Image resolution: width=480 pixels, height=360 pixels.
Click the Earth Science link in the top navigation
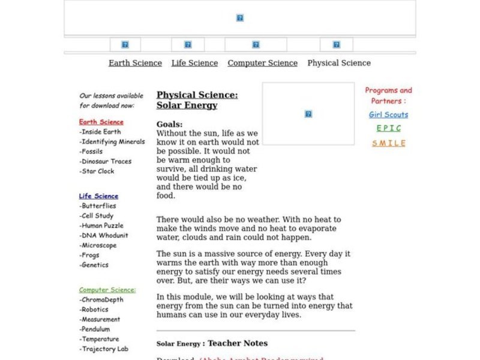(x=135, y=63)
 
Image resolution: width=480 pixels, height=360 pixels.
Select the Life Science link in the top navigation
(x=194, y=63)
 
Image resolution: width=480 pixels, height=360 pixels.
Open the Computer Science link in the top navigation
(x=262, y=63)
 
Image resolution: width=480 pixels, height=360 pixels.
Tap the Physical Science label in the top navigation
(x=339, y=63)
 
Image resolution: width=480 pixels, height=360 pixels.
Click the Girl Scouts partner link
(x=388, y=115)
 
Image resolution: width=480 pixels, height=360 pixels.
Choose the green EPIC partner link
(x=388, y=128)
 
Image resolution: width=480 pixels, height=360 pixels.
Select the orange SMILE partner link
(x=388, y=143)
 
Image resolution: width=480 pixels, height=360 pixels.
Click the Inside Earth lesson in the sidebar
(x=100, y=132)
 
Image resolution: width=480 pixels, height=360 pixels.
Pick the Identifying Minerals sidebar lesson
(x=112, y=142)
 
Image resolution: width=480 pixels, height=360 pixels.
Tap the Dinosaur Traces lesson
(x=106, y=161)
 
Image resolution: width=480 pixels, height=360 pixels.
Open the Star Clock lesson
(x=97, y=171)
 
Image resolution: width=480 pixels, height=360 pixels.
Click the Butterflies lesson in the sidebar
(x=99, y=206)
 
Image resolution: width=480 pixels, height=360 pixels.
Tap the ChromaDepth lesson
(x=103, y=300)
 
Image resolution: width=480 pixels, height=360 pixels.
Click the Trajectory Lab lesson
(x=104, y=349)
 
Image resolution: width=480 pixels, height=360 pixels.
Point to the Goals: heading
(x=170, y=124)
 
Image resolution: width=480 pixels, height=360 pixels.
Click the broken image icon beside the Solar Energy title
(x=308, y=114)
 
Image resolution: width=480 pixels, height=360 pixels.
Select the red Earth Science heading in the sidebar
(x=101, y=122)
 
